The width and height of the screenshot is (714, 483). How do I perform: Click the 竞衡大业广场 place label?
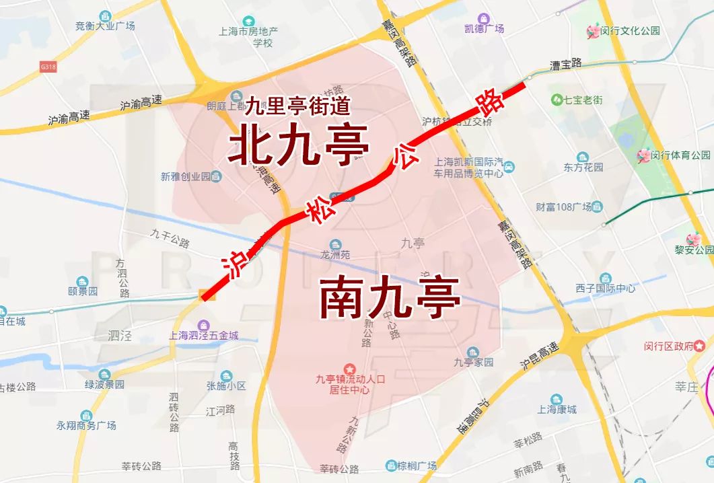[106, 26]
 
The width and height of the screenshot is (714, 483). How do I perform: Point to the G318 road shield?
[48, 67]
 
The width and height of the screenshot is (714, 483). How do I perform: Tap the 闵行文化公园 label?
[630, 30]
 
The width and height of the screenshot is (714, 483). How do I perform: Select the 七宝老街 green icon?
[557, 100]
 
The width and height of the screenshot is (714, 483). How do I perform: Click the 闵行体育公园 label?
[681, 155]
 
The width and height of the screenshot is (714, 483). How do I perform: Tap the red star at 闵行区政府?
[700, 346]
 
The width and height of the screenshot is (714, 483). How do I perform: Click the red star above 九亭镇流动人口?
[349, 369]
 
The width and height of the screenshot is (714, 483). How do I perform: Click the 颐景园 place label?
[83, 291]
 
